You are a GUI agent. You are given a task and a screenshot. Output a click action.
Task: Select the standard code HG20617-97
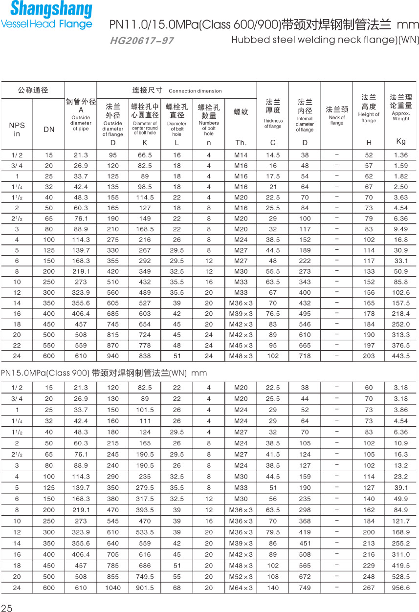142,41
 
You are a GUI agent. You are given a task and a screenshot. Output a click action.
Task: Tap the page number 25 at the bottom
6,608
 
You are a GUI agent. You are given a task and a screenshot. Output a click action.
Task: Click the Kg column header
401,141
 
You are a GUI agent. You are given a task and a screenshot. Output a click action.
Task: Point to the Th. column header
241,143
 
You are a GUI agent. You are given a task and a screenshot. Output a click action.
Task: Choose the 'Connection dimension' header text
195,91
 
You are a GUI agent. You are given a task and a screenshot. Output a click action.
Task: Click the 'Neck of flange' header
337,120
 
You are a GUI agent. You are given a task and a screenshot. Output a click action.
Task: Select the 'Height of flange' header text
369,117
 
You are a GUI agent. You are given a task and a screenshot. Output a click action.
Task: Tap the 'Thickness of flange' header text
273,124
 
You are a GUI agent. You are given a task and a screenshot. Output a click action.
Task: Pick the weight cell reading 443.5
401,356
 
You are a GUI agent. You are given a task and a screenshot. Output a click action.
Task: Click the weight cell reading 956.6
401,588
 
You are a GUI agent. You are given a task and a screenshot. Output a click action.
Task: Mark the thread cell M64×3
241,588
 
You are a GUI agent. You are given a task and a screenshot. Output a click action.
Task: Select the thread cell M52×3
241,577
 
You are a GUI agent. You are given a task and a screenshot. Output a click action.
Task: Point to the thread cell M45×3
241,345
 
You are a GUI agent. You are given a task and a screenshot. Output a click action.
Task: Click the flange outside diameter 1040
113,588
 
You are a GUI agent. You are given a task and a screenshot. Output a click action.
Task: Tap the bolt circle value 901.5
145,588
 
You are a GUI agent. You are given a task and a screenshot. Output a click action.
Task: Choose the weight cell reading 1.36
401,155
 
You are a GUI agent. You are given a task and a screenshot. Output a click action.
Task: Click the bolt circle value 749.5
145,577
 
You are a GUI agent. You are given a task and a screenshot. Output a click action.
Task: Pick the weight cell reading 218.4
401,313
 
